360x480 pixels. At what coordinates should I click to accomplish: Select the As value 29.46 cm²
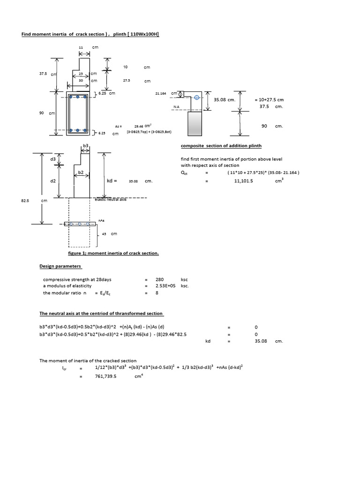pyautogui.click(x=141, y=126)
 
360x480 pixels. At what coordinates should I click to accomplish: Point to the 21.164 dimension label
pyautogui.click(x=161, y=93)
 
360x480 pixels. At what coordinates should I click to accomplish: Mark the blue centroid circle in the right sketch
pyautogui.click(x=197, y=97)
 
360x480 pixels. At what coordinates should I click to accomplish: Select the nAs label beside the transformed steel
pyautogui.click(x=101, y=219)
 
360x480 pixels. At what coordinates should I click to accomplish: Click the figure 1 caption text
pyautogui.click(x=113, y=253)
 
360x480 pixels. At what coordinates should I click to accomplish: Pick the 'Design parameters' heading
pyautogui.click(x=60, y=266)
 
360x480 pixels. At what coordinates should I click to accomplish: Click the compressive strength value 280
pyautogui.click(x=159, y=279)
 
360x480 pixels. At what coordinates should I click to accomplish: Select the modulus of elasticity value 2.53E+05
pyautogui.click(x=165, y=286)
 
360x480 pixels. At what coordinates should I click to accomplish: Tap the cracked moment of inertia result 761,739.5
pyautogui.click(x=105, y=376)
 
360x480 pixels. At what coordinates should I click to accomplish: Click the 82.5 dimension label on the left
pyautogui.click(x=25, y=200)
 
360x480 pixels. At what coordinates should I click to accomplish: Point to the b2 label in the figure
pyautogui.click(x=81, y=172)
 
